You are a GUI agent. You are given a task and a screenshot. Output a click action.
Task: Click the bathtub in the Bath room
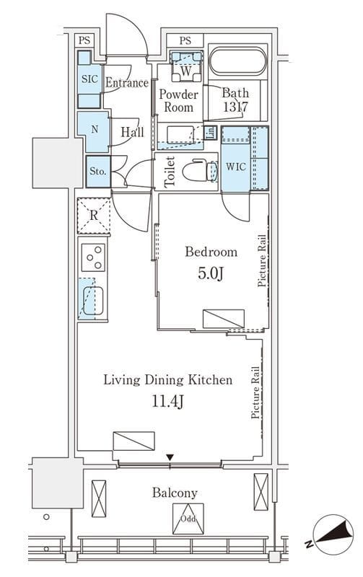(237, 61)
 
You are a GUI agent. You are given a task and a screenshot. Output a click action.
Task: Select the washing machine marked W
(186, 66)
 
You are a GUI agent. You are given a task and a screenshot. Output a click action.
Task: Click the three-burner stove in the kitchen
(93, 257)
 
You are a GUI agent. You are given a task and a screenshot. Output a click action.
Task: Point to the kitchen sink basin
(93, 300)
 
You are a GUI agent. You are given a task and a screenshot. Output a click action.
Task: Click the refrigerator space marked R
(94, 216)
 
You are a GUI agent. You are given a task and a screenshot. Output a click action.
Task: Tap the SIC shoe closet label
(89, 79)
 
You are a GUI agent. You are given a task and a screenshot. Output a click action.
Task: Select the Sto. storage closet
(98, 172)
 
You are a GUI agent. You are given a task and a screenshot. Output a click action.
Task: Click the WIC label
(235, 167)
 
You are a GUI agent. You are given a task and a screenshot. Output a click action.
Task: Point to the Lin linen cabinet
(210, 133)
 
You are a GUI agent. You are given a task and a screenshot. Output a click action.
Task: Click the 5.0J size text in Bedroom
(211, 273)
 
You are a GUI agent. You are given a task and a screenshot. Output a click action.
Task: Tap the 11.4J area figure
(168, 402)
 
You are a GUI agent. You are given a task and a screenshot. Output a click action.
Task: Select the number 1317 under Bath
(235, 107)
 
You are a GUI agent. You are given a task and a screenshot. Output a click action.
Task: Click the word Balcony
(175, 493)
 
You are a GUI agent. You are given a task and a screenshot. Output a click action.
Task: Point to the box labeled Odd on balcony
(188, 519)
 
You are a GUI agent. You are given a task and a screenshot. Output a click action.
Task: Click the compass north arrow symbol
(333, 534)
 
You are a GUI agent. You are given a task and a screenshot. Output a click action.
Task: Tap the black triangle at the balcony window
(170, 457)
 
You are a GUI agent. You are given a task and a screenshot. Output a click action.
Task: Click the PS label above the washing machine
(185, 40)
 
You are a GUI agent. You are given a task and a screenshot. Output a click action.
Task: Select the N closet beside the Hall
(94, 131)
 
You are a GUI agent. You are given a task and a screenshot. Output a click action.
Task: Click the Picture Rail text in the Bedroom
(262, 260)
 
